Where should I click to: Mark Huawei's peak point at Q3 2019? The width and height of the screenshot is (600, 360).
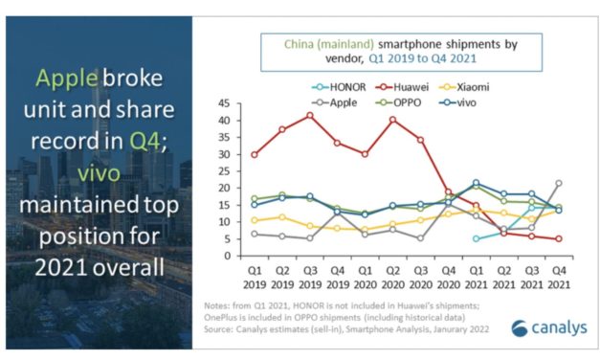coord(308,116)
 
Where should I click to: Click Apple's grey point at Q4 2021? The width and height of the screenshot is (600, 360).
coord(559,183)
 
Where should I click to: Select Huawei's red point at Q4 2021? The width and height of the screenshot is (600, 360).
coord(559,239)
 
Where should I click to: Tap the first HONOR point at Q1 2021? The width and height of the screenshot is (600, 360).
coord(476,239)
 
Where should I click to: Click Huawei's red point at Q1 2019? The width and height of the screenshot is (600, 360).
coord(254,154)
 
